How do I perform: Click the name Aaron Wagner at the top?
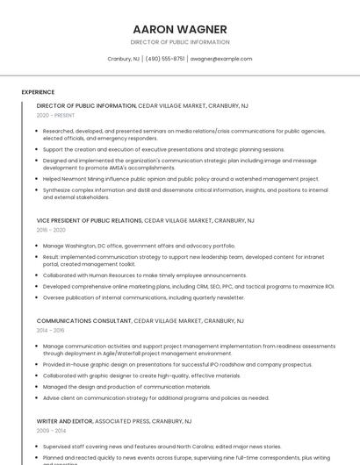coord(179,29)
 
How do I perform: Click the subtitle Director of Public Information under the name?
coord(179,42)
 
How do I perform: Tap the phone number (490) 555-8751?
coord(165,59)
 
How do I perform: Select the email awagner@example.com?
coord(220,59)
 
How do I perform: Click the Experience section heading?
coord(38,91)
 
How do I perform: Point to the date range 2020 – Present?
coord(55,115)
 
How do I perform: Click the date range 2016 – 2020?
coord(51,230)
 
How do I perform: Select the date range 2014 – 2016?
coord(51,330)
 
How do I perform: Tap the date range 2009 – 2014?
coord(51,431)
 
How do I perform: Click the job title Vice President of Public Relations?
coord(90,221)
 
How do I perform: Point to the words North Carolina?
coord(174,446)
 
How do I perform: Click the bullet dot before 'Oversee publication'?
coord(38,297)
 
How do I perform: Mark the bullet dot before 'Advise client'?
coord(38,397)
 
